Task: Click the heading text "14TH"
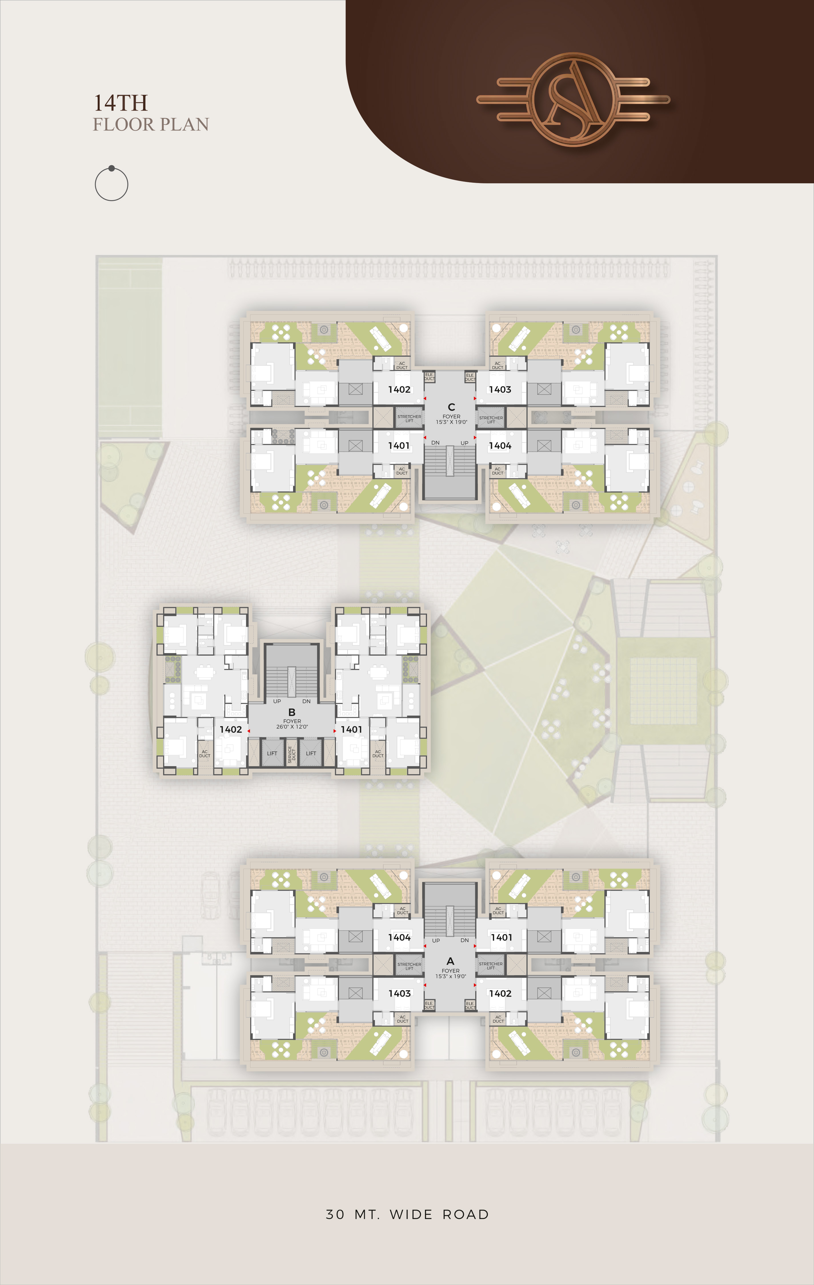point(121,103)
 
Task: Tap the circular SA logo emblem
point(573,99)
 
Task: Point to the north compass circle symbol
point(112,184)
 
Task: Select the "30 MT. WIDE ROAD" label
point(407,1214)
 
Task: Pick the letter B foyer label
point(291,712)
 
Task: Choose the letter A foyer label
point(450,961)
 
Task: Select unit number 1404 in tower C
point(500,445)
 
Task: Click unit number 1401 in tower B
point(351,729)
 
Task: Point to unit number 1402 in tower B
point(230,729)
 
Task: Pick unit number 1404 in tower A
point(399,937)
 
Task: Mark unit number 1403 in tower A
point(399,993)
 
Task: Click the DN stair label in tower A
point(464,940)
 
